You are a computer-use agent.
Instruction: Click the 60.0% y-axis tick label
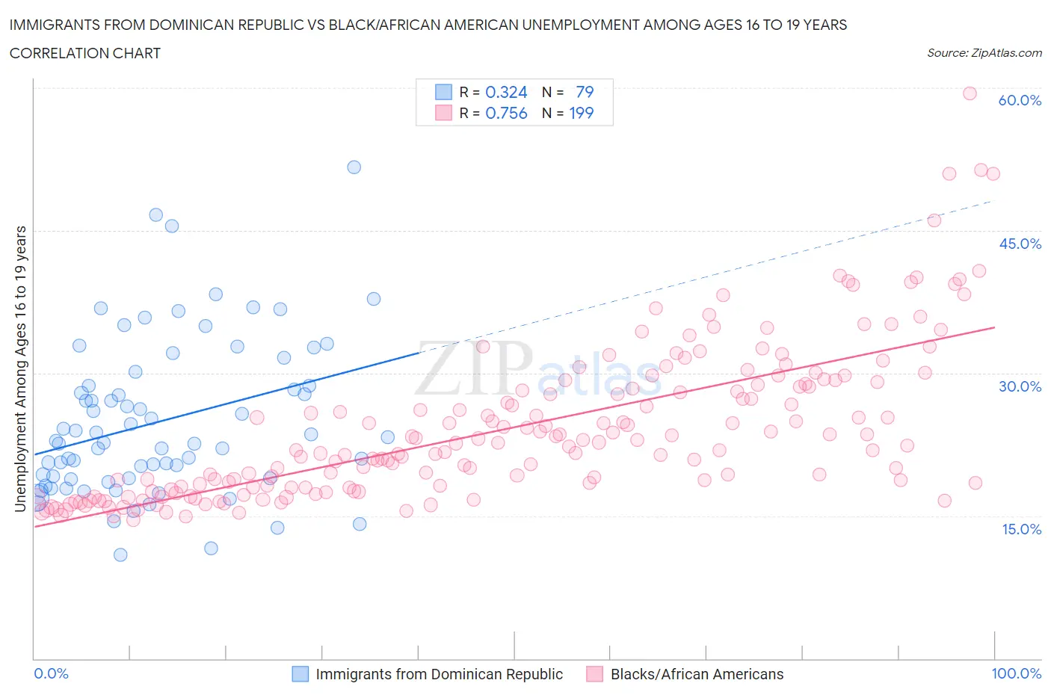pos(1020,100)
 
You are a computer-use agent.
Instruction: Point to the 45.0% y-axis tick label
pos(1020,244)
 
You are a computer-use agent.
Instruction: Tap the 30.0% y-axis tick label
pos(1020,386)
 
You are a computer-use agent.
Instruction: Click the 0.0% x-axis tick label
pos(52,673)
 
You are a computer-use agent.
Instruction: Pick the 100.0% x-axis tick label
pos(1016,673)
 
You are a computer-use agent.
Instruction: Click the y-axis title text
pos(20,369)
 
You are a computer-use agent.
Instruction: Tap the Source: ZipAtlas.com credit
pos(984,52)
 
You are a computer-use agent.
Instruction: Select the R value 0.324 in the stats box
pos(506,92)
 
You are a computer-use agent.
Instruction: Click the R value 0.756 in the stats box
pos(506,113)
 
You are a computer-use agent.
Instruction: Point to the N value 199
pos(581,113)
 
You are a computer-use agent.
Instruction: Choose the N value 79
pos(585,92)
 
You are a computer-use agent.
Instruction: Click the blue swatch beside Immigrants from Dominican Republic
pos(300,674)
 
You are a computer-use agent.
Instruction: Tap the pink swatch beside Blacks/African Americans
pos(594,674)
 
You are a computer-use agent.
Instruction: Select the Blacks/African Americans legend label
pos(697,674)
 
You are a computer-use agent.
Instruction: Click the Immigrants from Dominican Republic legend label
pos(439,674)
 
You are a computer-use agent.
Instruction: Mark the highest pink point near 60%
pos(970,93)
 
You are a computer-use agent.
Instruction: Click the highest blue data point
pos(354,167)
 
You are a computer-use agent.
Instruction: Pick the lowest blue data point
pos(120,555)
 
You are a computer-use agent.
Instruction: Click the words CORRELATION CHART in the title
pos(85,53)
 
